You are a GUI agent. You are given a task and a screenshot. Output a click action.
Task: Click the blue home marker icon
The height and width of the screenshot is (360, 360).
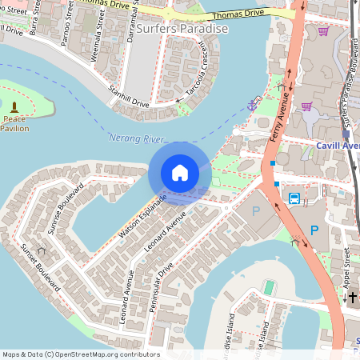[180, 173]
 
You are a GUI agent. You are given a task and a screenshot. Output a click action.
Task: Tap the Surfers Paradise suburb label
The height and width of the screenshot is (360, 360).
[182, 29]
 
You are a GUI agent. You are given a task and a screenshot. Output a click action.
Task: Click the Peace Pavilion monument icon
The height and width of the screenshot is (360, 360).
[14, 107]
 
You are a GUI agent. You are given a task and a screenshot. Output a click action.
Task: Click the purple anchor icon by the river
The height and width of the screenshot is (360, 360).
[253, 103]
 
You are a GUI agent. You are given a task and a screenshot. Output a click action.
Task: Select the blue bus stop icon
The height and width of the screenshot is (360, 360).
[294, 198]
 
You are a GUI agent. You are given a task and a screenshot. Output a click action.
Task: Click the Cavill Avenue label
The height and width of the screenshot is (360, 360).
[338, 146]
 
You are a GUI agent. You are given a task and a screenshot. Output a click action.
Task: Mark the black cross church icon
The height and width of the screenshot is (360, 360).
[352, 298]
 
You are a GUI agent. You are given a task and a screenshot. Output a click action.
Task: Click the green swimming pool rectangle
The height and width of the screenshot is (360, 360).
[270, 286]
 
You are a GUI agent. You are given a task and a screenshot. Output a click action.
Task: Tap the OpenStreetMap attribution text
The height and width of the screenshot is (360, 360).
[80, 354]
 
